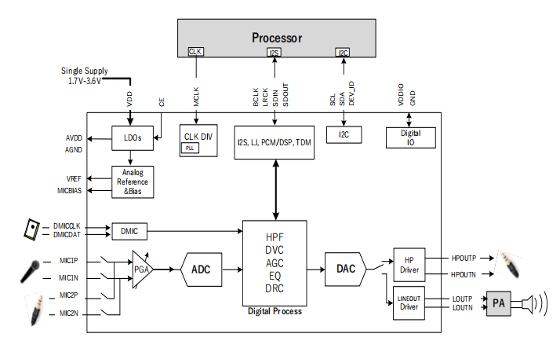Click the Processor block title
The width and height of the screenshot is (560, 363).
(x=276, y=38)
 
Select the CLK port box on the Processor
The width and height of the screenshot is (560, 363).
(x=195, y=52)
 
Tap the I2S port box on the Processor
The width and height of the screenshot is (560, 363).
(x=274, y=53)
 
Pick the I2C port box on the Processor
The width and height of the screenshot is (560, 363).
(x=343, y=53)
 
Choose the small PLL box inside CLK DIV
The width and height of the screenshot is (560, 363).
(x=191, y=148)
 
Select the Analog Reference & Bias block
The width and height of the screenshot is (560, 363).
(x=133, y=181)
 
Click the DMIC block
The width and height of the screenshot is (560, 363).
(x=129, y=231)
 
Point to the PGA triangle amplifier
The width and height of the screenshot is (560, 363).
(x=142, y=269)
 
